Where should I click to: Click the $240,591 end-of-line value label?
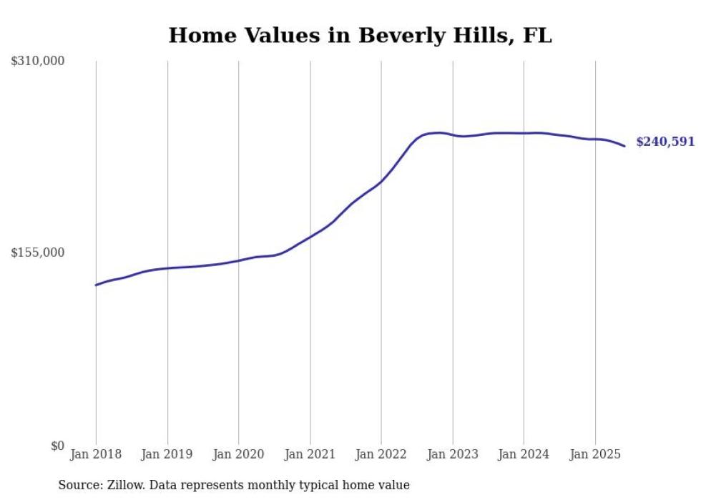coord(665,142)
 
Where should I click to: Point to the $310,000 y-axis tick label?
coord(38,62)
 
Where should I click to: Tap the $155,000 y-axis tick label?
coord(38,253)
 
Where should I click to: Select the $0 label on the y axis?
coord(57,446)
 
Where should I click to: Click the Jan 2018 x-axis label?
coord(96,454)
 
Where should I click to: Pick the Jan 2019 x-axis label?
coord(167,454)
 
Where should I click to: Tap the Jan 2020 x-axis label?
coord(238,454)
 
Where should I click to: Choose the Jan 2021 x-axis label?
coord(310,454)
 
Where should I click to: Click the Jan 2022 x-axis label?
coord(381,454)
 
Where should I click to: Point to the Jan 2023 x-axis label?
coord(452,454)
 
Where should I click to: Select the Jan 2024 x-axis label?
coord(524,454)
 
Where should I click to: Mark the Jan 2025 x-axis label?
coord(594,454)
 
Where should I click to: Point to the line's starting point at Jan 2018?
coord(96,285)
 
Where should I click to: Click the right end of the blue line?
coord(625,146)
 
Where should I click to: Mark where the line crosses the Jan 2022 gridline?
coord(381,181)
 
